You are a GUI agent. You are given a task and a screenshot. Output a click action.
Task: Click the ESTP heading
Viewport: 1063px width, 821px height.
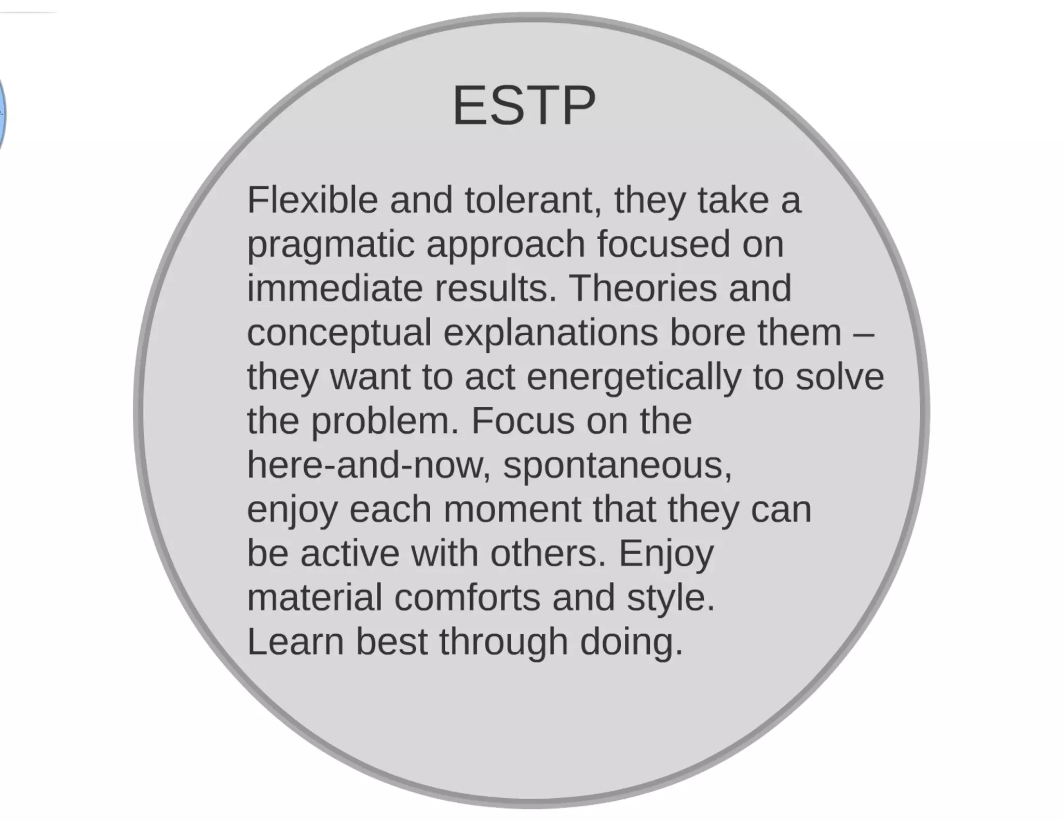tap(524, 105)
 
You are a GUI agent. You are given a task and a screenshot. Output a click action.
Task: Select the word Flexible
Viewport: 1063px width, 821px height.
tap(312, 200)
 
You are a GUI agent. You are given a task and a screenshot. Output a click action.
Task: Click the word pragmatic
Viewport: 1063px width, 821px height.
tap(331, 245)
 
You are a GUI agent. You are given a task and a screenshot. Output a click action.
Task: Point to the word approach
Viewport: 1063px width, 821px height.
tap(506, 244)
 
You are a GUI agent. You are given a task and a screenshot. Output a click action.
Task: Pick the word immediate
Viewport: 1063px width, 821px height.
tap(335, 288)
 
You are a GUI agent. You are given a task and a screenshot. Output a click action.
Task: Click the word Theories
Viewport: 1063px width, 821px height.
tap(643, 288)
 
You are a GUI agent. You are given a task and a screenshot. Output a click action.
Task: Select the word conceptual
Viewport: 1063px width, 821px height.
tap(339, 333)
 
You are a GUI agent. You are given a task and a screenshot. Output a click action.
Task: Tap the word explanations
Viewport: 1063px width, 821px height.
tap(550, 333)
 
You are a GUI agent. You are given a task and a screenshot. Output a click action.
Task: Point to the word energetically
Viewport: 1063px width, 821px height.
tap(634, 377)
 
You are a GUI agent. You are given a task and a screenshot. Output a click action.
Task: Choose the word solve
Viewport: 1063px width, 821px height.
tap(839, 376)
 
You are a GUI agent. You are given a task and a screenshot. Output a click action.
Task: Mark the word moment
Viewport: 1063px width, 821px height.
tap(512, 509)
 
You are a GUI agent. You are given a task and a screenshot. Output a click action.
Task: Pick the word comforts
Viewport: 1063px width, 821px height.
tap(467, 597)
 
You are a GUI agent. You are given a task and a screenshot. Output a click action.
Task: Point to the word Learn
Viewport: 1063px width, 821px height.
tap(295, 641)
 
